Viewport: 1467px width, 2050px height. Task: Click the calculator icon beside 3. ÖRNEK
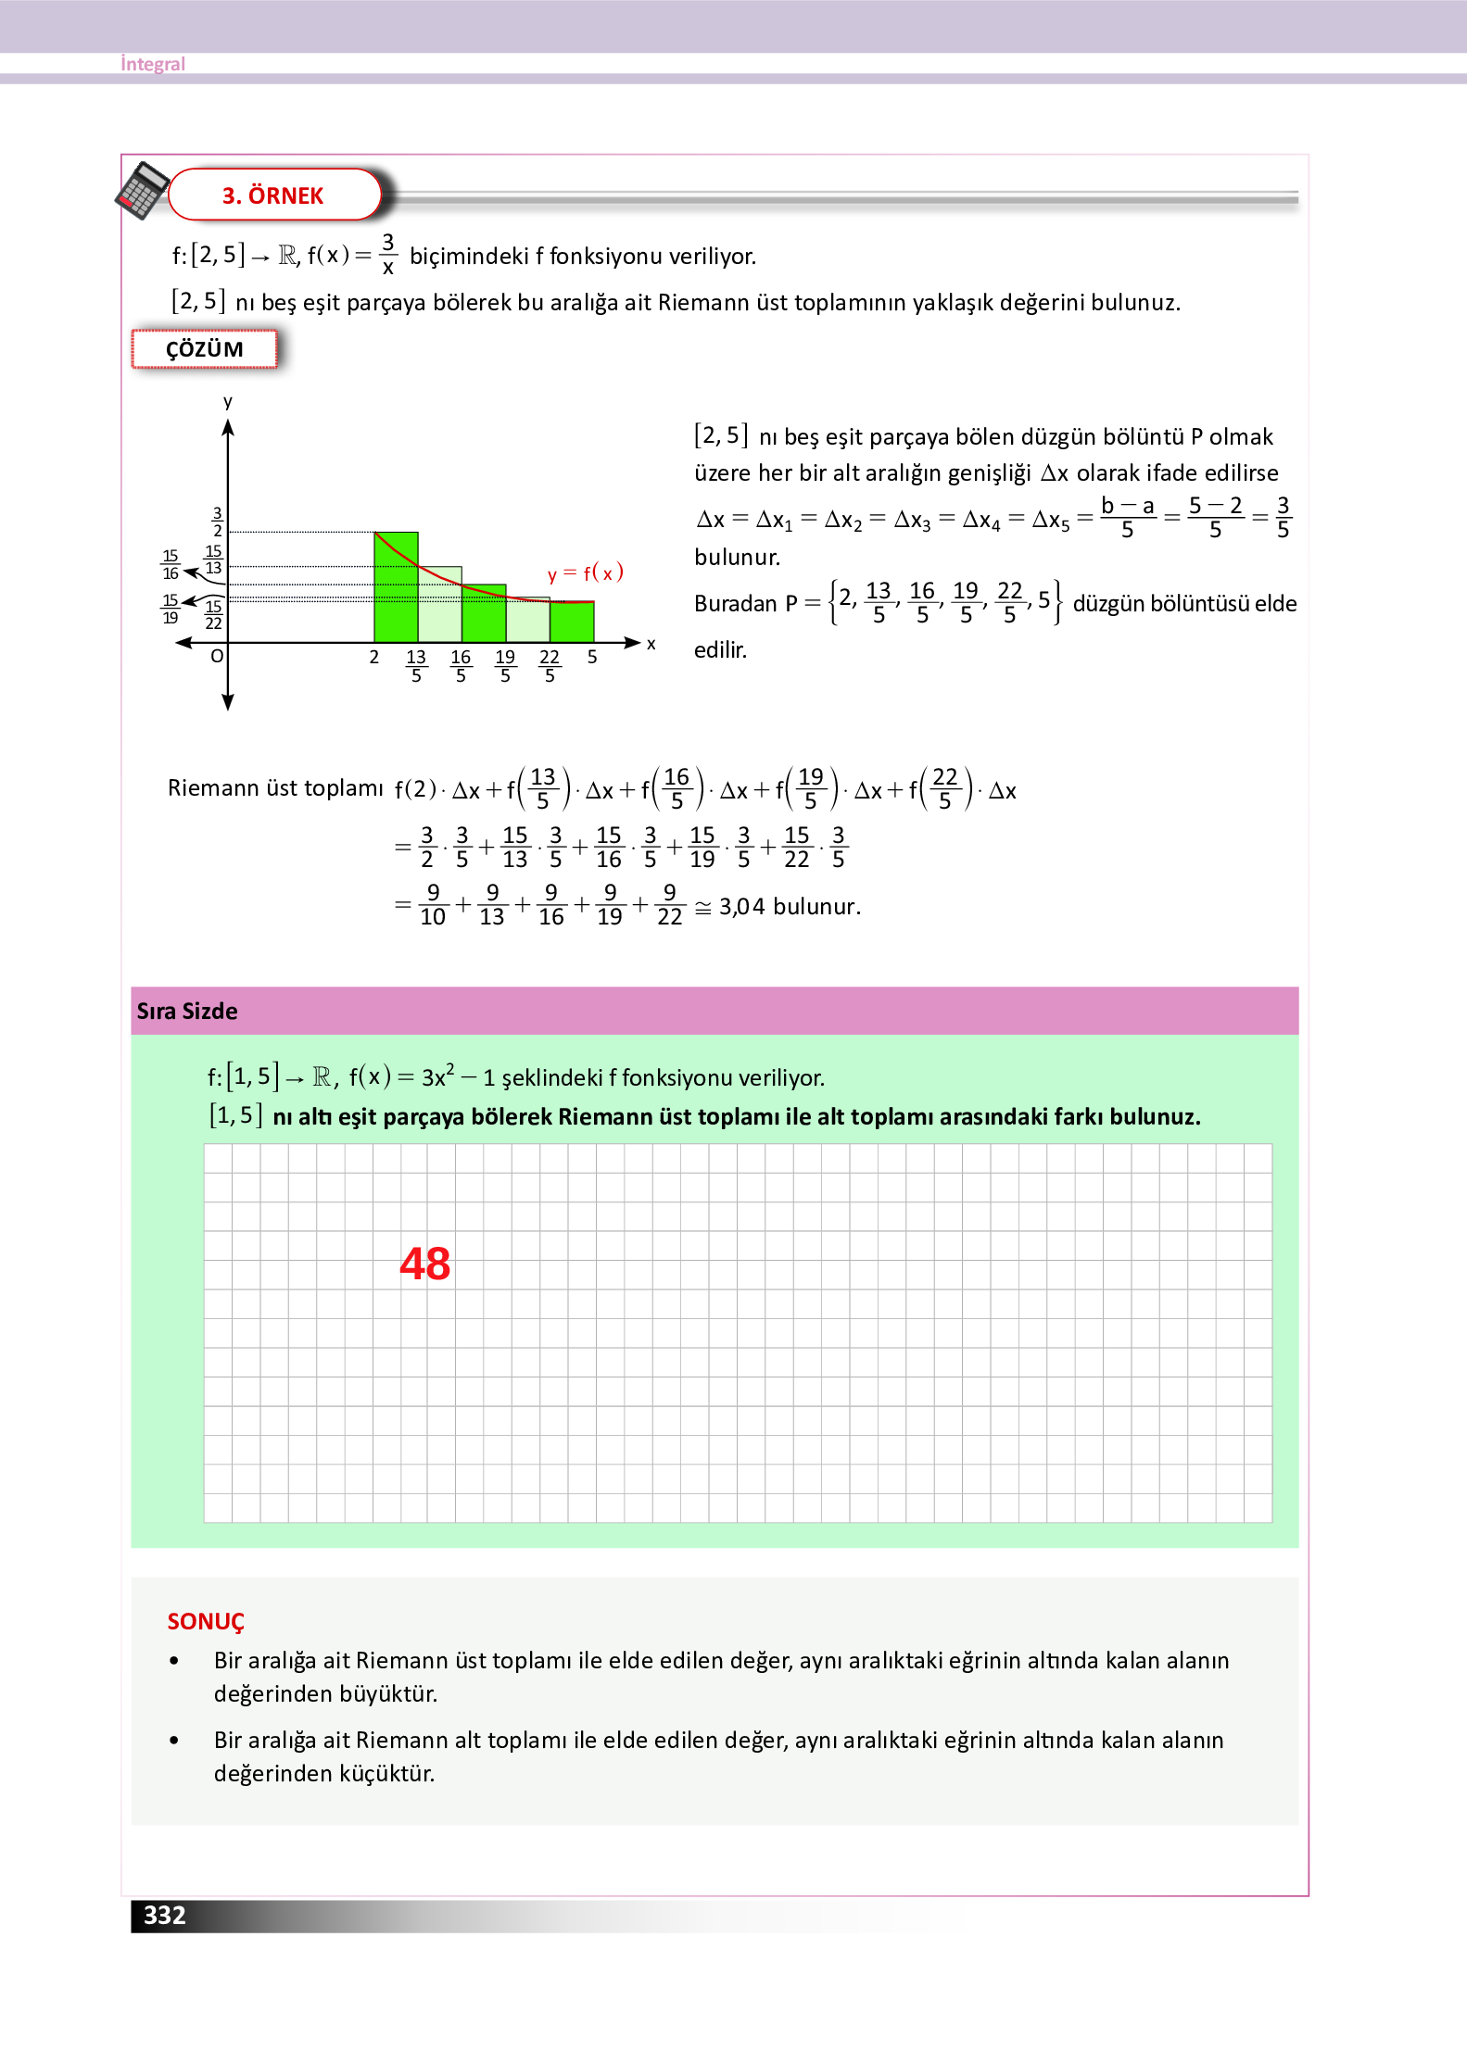[x=142, y=190]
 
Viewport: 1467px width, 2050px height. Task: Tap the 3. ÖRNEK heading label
[x=272, y=195]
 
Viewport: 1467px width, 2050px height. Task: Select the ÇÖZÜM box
[x=205, y=349]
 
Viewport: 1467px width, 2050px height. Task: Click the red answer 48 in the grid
[x=425, y=1264]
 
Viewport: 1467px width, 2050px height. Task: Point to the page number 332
[x=165, y=1915]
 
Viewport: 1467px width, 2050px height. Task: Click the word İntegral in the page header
[x=153, y=64]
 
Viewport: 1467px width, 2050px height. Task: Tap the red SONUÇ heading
[x=206, y=1621]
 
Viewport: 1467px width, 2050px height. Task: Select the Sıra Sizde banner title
[x=187, y=1011]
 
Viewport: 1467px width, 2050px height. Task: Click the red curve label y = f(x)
[x=585, y=573]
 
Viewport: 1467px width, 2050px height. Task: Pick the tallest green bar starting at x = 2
[x=396, y=587]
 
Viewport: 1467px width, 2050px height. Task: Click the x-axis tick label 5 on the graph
[x=592, y=657]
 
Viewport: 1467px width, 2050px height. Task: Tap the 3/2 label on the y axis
[x=218, y=522]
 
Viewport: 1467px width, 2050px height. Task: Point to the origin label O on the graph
[x=217, y=656]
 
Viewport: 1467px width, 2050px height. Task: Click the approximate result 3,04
[x=741, y=906]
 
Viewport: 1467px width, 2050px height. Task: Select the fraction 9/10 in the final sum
[x=433, y=905]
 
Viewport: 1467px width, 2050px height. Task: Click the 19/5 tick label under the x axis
[x=505, y=665]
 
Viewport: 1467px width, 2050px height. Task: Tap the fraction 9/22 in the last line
[x=669, y=905]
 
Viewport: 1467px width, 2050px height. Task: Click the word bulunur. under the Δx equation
[x=738, y=557]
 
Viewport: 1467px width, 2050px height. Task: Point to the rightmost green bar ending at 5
[x=572, y=621]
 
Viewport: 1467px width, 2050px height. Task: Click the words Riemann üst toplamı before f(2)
[x=275, y=788]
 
